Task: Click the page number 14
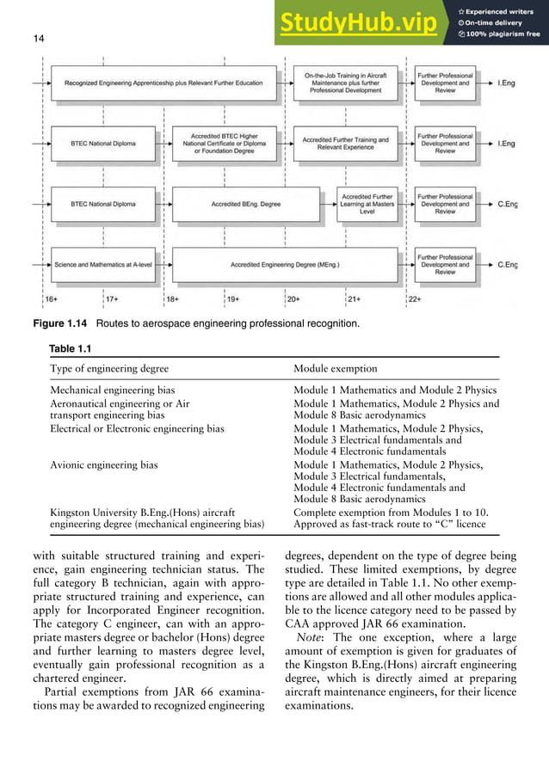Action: tap(38, 38)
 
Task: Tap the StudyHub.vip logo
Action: tap(357, 24)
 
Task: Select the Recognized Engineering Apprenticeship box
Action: tap(163, 84)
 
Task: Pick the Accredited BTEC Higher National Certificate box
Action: tap(226, 143)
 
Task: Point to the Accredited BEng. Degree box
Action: tap(245, 204)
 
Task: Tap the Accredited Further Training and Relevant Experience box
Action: tap(346, 144)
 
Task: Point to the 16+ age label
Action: tap(52, 299)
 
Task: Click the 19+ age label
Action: tap(233, 299)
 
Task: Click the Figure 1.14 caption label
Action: tap(59, 324)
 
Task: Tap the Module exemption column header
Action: tap(335, 368)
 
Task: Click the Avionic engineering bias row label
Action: tap(104, 465)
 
